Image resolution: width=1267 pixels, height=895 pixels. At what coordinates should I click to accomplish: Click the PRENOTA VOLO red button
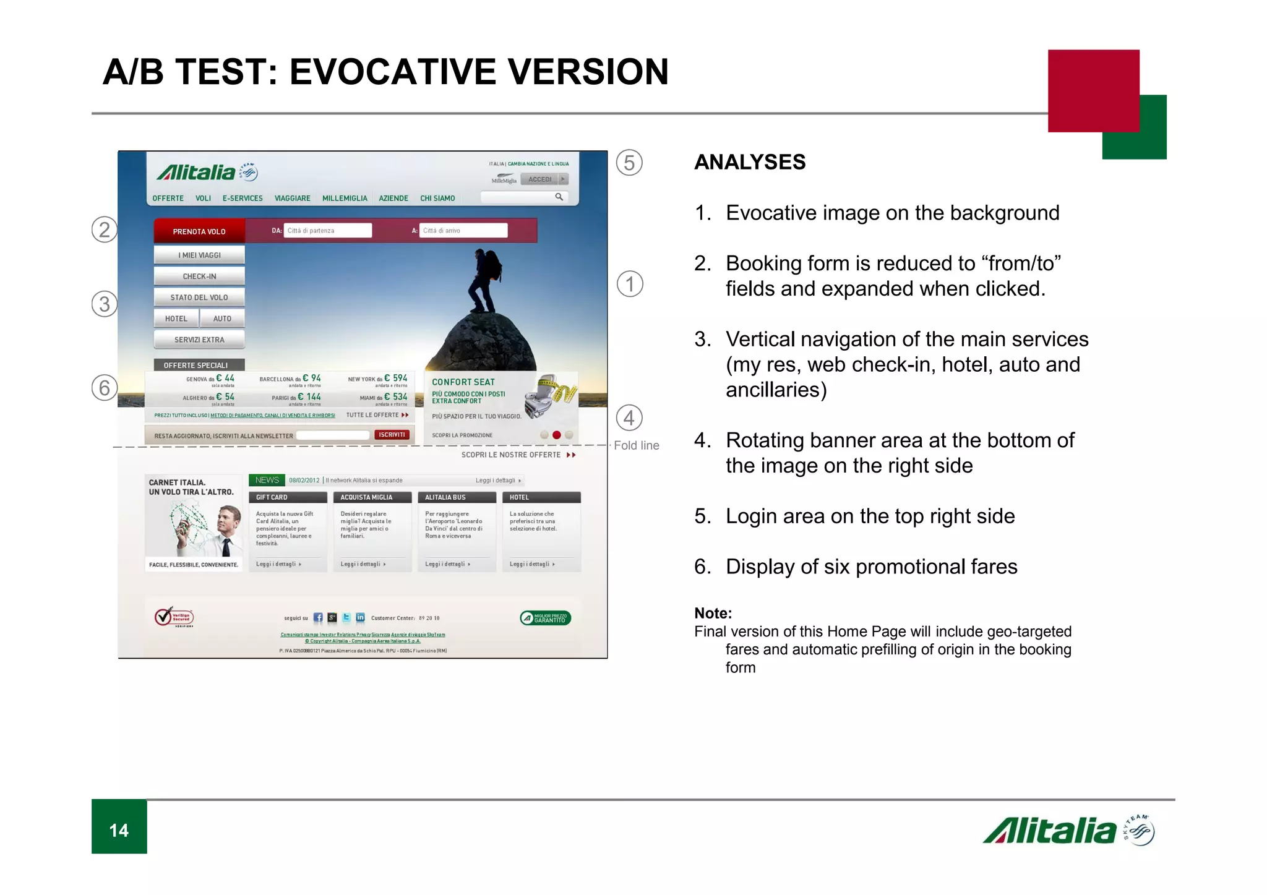(x=199, y=231)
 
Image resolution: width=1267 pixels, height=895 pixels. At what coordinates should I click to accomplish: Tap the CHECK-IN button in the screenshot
(x=199, y=276)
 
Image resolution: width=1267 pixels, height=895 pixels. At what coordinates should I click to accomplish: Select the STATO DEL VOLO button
(x=199, y=297)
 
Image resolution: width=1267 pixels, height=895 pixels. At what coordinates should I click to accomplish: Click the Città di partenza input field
(x=328, y=231)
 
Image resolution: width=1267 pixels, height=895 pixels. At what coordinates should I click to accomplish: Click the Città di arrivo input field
(x=463, y=231)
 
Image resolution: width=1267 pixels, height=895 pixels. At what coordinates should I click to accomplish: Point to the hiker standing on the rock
(x=484, y=280)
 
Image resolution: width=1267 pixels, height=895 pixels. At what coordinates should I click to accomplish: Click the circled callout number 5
(x=629, y=163)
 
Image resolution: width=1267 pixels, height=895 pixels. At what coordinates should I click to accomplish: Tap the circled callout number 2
(x=105, y=229)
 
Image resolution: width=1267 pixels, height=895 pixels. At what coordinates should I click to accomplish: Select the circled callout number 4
(x=629, y=418)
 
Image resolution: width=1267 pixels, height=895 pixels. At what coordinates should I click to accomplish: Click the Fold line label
(x=636, y=445)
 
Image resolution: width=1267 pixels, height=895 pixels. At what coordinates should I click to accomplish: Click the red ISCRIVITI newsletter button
(x=392, y=435)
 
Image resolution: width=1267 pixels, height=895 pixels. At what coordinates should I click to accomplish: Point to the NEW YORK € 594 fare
(x=377, y=379)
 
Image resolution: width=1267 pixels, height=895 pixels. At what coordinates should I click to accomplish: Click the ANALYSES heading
(x=749, y=162)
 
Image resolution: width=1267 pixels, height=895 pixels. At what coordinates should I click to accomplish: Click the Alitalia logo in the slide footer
(x=1067, y=831)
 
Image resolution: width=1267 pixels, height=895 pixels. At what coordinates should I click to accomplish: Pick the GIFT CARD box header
(x=288, y=497)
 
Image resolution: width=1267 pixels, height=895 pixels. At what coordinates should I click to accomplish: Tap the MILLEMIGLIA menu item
(x=345, y=199)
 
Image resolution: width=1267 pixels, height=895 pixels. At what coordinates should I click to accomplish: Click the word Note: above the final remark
(x=713, y=613)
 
